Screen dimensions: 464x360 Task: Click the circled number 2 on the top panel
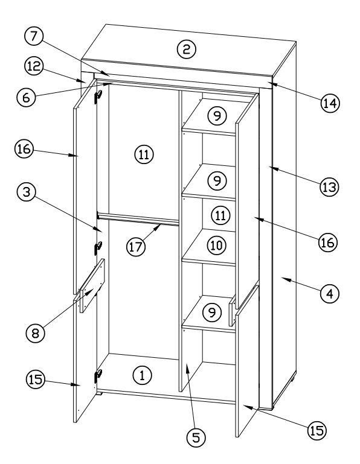186,49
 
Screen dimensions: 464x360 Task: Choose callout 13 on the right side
329,186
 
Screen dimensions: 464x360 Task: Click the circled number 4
329,294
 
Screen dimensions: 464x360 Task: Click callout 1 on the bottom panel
141,375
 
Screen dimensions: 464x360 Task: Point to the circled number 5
194,439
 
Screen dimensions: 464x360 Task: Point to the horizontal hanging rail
139,218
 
